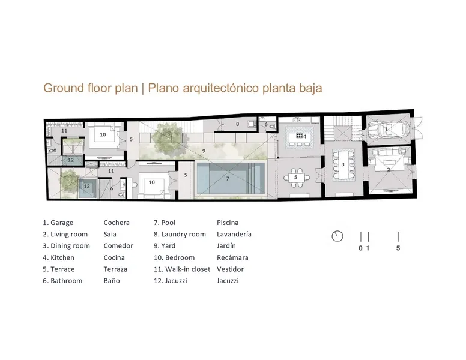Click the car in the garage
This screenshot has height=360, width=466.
(x=387, y=130)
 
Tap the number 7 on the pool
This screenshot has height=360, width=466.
(x=228, y=179)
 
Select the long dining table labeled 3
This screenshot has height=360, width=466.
(x=343, y=164)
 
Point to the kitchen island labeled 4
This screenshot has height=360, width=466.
(x=299, y=137)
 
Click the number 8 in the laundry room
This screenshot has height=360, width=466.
(x=237, y=124)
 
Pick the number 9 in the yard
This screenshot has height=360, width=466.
(x=204, y=151)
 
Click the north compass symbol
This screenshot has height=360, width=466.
(x=337, y=236)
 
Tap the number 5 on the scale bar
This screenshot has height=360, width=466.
(x=398, y=248)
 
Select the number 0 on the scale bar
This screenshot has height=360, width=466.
(x=360, y=248)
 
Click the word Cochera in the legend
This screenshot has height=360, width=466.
(x=116, y=223)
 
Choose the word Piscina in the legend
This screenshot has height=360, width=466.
(x=228, y=223)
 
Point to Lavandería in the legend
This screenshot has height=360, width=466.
(x=234, y=234)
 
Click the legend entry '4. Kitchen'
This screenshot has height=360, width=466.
(x=58, y=257)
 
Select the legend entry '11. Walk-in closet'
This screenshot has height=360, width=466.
(x=182, y=269)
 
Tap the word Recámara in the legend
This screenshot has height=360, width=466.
(x=232, y=257)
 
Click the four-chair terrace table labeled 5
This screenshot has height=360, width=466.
(x=295, y=178)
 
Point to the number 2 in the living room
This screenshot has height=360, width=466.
(x=389, y=170)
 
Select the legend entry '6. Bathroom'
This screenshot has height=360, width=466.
(x=62, y=281)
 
